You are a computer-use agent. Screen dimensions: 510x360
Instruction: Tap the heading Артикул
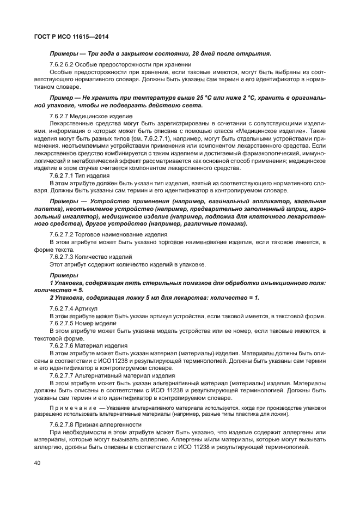(x=88, y=308)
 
